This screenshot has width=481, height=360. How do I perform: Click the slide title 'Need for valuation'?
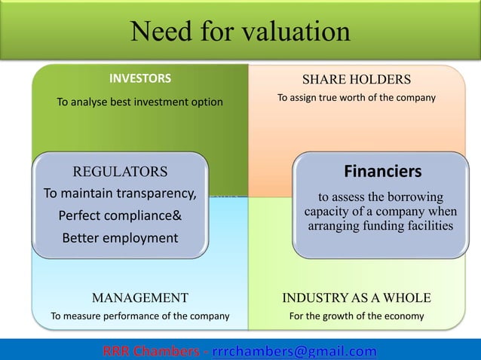pyautogui.click(x=240, y=32)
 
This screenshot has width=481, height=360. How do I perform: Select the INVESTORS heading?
pyautogui.click(x=140, y=78)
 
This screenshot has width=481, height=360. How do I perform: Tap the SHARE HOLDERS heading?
pyautogui.click(x=356, y=79)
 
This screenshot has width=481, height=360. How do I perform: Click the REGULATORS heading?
pyautogui.click(x=119, y=171)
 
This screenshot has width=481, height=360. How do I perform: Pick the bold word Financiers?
pyautogui.click(x=382, y=171)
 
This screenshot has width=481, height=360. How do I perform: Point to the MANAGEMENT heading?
pyautogui.click(x=139, y=297)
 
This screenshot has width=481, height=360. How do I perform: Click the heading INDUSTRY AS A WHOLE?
pyautogui.click(x=357, y=297)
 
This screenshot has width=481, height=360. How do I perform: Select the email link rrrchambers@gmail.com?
pyautogui.click(x=295, y=351)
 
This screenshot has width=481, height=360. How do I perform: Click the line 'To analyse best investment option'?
pyautogui.click(x=140, y=102)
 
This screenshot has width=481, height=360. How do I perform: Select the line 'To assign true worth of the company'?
pyautogui.click(x=356, y=98)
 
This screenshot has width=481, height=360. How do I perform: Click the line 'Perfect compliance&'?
pyautogui.click(x=120, y=216)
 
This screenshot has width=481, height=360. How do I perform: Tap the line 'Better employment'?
pyautogui.click(x=120, y=238)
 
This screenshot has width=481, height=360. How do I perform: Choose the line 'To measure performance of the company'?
pyautogui.click(x=139, y=316)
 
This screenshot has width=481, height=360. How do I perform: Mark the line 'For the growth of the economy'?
pyautogui.click(x=357, y=316)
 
